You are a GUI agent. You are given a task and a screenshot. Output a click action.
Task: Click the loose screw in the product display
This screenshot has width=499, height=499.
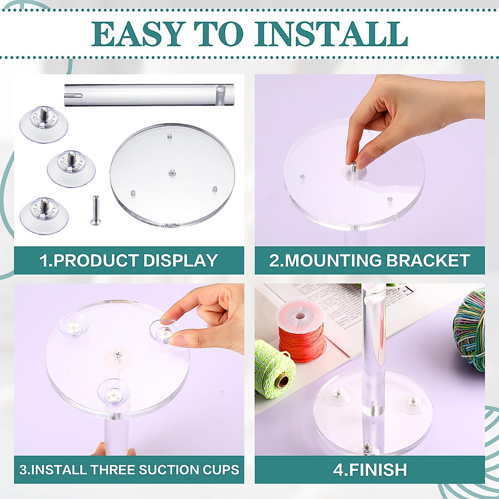tap(95, 211)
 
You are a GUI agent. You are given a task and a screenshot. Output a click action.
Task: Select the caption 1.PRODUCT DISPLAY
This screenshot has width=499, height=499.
tap(129, 261)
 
